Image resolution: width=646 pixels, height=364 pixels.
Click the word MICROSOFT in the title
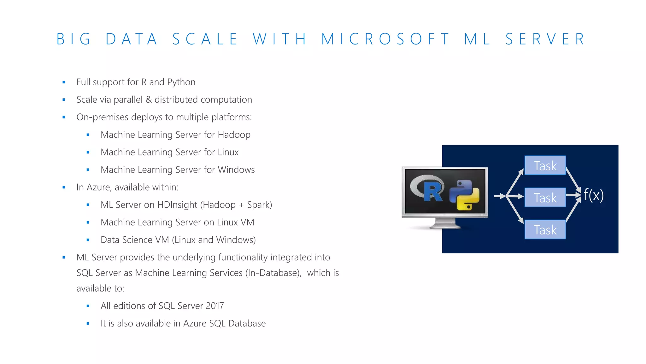[x=385, y=39]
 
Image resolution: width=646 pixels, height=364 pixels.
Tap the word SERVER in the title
[x=545, y=39]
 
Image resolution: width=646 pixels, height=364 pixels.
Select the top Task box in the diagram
[x=545, y=166]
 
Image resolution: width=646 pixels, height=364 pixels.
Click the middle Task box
[x=545, y=198]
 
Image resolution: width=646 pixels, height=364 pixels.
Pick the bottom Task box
[x=545, y=230]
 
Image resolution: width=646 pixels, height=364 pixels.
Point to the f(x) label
[x=593, y=195]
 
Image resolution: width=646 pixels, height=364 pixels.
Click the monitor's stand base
[x=445, y=225]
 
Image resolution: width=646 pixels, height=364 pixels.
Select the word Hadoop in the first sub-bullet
[x=234, y=135]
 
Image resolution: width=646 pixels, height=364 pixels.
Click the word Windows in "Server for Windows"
[x=236, y=170]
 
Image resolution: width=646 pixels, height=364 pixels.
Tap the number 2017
[x=215, y=306]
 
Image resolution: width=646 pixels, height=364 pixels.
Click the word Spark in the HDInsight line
[x=258, y=205]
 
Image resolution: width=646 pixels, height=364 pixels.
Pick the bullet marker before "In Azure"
[x=64, y=187]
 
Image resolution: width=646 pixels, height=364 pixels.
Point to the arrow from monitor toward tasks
[x=500, y=196]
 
